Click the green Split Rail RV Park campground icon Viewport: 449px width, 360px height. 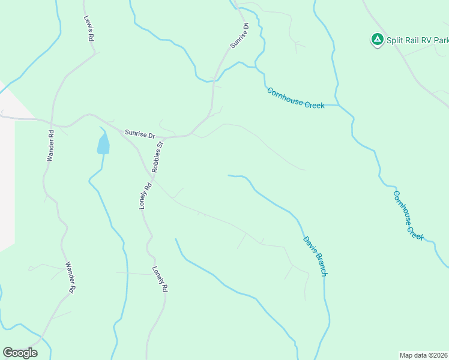(x=377, y=40)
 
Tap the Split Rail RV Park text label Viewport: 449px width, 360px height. (x=417, y=41)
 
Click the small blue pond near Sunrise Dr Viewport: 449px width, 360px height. (x=103, y=144)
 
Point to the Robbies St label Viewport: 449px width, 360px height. (x=158, y=157)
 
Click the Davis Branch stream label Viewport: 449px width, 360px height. (x=315, y=256)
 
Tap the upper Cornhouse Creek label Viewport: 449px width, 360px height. (x=296, y=98)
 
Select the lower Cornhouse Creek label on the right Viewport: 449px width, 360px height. (x=408, y=215)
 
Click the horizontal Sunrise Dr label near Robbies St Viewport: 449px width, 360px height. (x=140, y=134)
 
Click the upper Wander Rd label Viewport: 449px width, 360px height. (x=50, y=146)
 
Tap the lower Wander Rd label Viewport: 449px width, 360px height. (x=70, y=277)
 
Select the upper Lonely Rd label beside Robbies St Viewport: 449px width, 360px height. (x=144, y=196)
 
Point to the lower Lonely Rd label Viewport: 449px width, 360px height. (x=160, y=279)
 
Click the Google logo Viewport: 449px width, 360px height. (x=20, y=353)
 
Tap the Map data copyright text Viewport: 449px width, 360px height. (x=424, y=355)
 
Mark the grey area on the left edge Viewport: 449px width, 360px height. (x=6, y=180)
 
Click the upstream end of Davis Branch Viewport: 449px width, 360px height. (x=229, y=175)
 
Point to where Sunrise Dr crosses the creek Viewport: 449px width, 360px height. (x=212, y=80)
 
